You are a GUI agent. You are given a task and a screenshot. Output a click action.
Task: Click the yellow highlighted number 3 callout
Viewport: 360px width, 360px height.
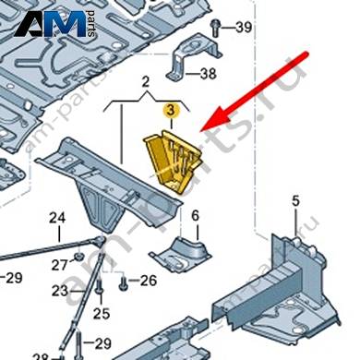tap(171, 111)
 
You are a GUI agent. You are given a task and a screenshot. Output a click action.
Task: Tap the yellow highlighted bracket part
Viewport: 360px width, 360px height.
tap(173, 162)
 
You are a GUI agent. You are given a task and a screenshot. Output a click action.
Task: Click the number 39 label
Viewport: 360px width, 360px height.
tap(244, 28)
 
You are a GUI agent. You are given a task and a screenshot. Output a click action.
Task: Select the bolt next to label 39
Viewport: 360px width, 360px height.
tap(215, 29)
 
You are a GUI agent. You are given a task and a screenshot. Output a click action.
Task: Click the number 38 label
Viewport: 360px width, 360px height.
tap(209, 74)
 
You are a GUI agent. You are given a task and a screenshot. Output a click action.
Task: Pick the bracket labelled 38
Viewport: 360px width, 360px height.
tap(194, 57)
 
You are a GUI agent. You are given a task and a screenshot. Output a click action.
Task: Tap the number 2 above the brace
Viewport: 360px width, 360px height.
tap(146, 82)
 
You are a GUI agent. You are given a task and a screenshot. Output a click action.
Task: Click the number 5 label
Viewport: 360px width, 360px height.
tap(295, 201)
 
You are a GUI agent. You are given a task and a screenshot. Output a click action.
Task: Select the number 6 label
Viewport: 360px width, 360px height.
tap(196, 216)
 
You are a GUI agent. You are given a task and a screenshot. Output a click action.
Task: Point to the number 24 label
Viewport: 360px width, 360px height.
tap(57, 218)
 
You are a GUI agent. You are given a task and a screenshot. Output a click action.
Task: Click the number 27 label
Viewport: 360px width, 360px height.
tap(59, 265)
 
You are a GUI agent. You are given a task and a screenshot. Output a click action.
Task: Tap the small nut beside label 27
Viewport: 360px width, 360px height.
tap(79, 256)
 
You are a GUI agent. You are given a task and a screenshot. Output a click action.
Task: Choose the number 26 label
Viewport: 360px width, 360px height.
tap(149, 281)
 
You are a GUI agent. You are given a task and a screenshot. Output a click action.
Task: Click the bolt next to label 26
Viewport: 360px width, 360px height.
tap(124, 283)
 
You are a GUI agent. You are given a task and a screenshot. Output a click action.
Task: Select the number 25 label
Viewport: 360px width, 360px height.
tap(102, 314)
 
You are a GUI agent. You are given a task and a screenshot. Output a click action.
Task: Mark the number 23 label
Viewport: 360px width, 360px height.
tap(60, 291)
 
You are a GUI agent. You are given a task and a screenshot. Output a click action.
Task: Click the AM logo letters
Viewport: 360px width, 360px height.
tap(50, 24)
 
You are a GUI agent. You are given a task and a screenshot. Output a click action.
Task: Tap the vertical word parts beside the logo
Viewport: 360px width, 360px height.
tap(92, 23)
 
